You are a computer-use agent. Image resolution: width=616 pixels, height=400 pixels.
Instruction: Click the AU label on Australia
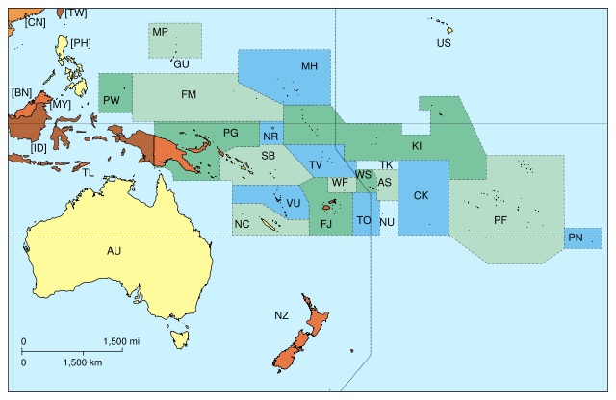[114, 251]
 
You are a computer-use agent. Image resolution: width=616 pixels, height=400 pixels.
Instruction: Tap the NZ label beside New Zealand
[281, 315]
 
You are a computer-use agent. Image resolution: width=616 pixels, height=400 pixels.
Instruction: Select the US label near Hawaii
[444, 43]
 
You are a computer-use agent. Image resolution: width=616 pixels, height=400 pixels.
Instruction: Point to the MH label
[309, 66]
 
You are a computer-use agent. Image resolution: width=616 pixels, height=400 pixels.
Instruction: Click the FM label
[189, 94]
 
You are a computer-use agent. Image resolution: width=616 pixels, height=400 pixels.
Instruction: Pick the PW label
[112, 100]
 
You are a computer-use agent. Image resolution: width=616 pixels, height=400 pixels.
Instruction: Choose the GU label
[181, 64]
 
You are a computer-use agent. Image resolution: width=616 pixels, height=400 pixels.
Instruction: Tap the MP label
[161, 33]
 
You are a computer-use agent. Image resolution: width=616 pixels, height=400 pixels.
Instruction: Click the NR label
[270, 137]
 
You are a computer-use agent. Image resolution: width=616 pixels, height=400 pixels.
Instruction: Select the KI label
[417, 146]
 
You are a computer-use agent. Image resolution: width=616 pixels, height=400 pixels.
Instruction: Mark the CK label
[421, 195]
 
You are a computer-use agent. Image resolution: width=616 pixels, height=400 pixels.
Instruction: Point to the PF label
[500, 220]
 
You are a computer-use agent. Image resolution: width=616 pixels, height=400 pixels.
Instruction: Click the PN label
[576, 237]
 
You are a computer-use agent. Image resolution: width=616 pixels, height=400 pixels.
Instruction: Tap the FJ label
[326, 224]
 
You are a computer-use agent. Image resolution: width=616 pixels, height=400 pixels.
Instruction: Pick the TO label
[364, 220]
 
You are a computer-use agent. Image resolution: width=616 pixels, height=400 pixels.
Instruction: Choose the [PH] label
[81, 43]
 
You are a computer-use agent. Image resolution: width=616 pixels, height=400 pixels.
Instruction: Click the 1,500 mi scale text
[121, 341]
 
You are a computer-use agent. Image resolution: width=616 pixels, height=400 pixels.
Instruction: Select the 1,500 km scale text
[82, 362]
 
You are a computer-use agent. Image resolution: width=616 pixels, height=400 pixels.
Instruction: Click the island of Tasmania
[178, 337]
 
